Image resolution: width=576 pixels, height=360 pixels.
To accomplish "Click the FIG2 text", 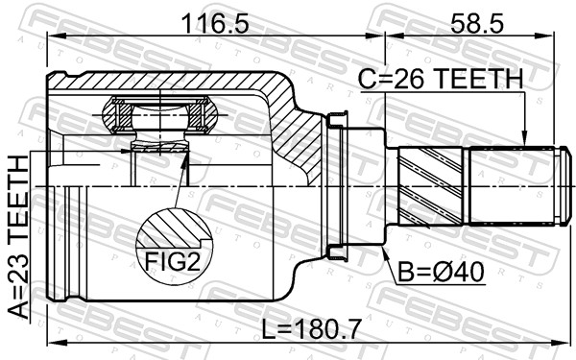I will click(x=173, y=259).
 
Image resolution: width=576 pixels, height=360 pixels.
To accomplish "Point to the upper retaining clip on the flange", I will click(x=335, y=120).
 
